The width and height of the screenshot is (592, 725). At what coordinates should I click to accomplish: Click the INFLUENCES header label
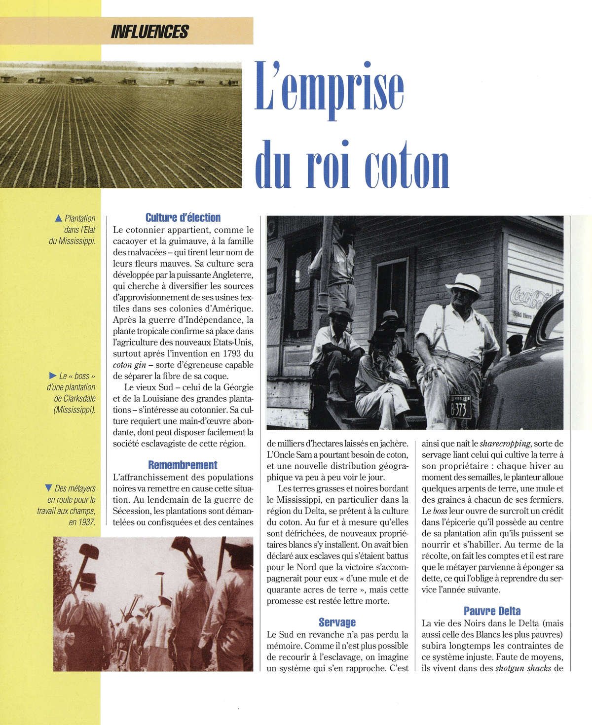pyautogui.click(x=150, y=32)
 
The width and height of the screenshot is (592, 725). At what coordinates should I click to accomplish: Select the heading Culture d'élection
pyautogui.click(x=183, y=217)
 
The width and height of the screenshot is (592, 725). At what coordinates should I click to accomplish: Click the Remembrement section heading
pyautogui.click(x=183, y=465)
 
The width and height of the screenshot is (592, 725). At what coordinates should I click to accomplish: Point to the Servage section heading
pyautogui.click(x=337, y=622)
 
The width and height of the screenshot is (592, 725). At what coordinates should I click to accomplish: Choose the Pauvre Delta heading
pyautogui.click(x=492, y=611)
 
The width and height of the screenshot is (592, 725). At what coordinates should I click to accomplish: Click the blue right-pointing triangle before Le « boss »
pyautogui.click(x=54, y=376)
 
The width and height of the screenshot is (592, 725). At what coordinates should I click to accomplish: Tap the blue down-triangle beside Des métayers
pyautogui.click(x=48, y=488)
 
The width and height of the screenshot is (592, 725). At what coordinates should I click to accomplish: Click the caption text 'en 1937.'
pyautogui.click(x=82, y=522)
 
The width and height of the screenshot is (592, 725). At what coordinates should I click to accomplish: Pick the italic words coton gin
pyautogui.click(x=128, y=365)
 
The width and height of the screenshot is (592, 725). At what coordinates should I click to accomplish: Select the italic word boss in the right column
pyautogui.click(x=440, y=511)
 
